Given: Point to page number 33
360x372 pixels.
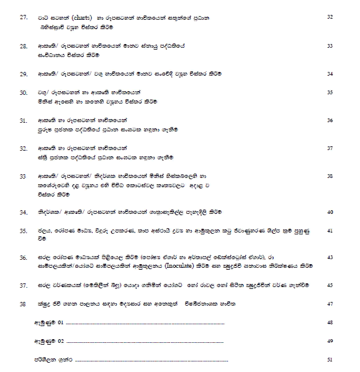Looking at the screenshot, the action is click(330, 46).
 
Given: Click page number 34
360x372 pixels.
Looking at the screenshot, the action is click(330, 74).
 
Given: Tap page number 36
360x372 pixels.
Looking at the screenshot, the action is click(330, 120).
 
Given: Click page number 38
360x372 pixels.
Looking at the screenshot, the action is click(330, 176).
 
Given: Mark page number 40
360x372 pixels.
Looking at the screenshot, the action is click(330, 212).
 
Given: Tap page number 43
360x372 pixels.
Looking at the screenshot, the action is click(330, 257).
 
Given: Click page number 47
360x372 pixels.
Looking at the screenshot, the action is click(330, 303).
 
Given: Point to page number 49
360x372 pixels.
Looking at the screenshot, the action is click(330, 340).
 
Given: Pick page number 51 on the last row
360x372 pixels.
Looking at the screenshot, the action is click(330, 359).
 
